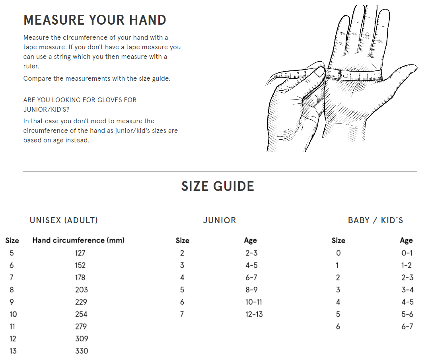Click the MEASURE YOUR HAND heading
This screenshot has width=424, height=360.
(x=95, y=20)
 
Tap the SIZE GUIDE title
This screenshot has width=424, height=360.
(x=218, y=186)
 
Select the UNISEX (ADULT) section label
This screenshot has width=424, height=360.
(x=64, y=220)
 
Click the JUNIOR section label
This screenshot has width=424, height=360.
(x=220, y=220)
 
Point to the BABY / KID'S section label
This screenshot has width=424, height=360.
(x=375, y=220)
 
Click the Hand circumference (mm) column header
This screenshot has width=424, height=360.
(x=78, y=240)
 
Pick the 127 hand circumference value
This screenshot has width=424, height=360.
(x=80, y=253)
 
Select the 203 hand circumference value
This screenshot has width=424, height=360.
(x=82, y=290)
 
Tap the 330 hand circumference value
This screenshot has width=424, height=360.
(x=82, y=351)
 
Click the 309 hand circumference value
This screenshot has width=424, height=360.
(x=82, y=339)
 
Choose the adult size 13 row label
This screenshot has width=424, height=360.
(x=13, y=351)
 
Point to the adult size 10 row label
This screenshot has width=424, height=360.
(x=13, y=314)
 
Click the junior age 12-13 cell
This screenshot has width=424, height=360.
(x=254, y=314)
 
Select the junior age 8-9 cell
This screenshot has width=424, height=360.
(x=251, y=290)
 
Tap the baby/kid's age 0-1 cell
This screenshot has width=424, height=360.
(x=407, y=253)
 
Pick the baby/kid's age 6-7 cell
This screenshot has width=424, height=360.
(x=407, y=327)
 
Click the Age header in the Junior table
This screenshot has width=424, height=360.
(x=251, y=240)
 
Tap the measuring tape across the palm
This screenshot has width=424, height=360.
(x=355, y=75)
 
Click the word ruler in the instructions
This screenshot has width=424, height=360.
(x=31, y=66)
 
